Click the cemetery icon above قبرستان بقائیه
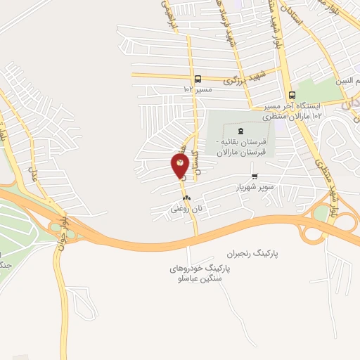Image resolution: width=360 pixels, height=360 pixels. [241, 130]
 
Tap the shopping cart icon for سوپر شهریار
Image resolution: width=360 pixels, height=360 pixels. [254, 176]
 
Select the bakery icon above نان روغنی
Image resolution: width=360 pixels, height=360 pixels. [186, 198]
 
